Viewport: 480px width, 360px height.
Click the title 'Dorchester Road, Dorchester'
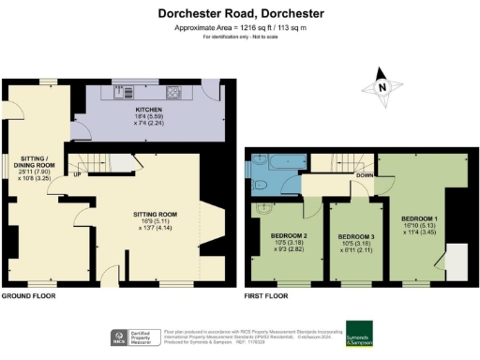(x=241, y=13)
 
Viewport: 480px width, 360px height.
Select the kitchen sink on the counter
(x=120, y=93)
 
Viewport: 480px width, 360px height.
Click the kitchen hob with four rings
(x=173, y=93)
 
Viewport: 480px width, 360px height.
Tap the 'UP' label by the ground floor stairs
(x=77, y=174)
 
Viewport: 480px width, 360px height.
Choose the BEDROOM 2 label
(x=290, y=235)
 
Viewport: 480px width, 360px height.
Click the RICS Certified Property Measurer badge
(x=136, y=337)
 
